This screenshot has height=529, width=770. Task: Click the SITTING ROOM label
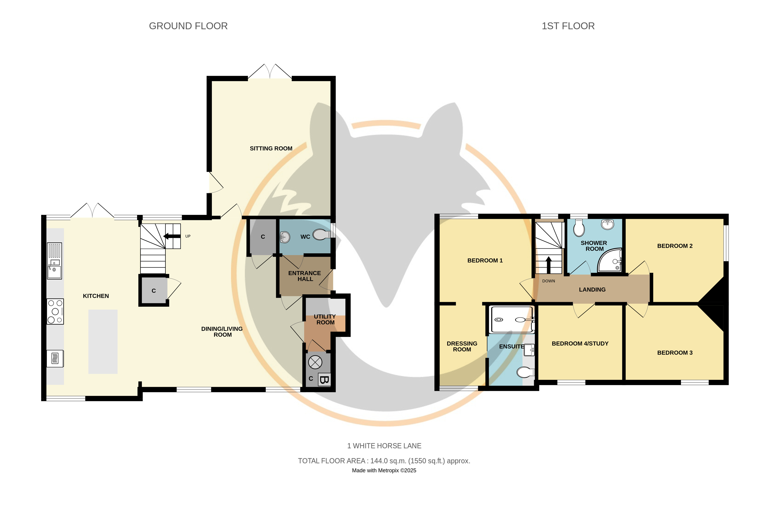pos(271,148)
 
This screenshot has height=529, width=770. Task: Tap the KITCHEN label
pos(96,296)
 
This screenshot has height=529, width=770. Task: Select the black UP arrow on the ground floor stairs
pos(172,236)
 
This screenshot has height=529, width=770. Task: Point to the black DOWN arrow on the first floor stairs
pos(548,265)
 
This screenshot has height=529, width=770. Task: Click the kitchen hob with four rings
pos(55,312)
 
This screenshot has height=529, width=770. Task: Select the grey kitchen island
pos(103,342)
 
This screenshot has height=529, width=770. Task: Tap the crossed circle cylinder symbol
pos(315,362)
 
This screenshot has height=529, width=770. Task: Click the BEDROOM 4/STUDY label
pos(580,344)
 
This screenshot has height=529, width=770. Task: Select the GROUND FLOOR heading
pos(188,26)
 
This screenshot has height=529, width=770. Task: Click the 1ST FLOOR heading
pos(568,26)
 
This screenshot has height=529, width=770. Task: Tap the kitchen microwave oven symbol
pos(55,358)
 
